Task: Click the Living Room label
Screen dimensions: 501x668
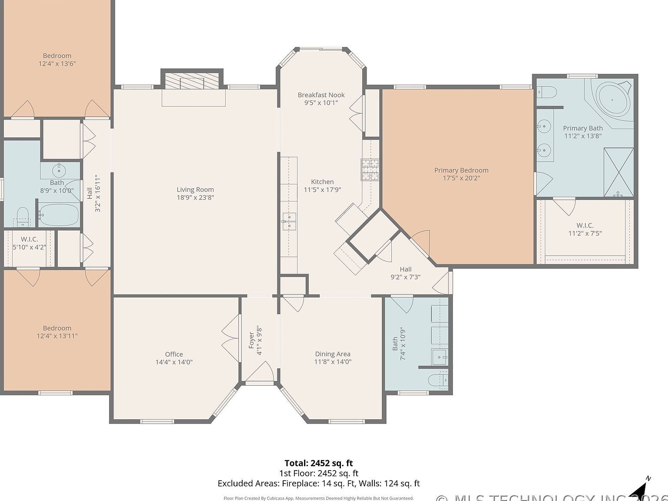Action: (195, 190)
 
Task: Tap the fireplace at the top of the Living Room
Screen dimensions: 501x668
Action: (192, 80)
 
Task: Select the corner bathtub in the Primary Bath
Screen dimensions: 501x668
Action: (612, 100)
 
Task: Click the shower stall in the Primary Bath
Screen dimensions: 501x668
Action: (618, 172)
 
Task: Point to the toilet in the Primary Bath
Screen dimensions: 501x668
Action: (547, 92)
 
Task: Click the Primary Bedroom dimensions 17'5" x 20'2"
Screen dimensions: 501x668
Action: (461, 178)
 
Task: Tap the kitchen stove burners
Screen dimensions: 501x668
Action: (370, 170)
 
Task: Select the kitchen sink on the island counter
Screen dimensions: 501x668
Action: (289, 221)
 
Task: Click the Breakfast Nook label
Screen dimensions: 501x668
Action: (321, 95)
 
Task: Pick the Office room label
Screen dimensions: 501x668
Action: (174, 354)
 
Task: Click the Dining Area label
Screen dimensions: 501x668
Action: (332, 354)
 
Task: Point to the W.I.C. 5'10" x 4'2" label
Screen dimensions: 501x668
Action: (29, 239)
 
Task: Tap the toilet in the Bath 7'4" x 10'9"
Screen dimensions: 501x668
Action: (437, 380)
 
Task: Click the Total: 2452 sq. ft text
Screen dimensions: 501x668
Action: (318, 463)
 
